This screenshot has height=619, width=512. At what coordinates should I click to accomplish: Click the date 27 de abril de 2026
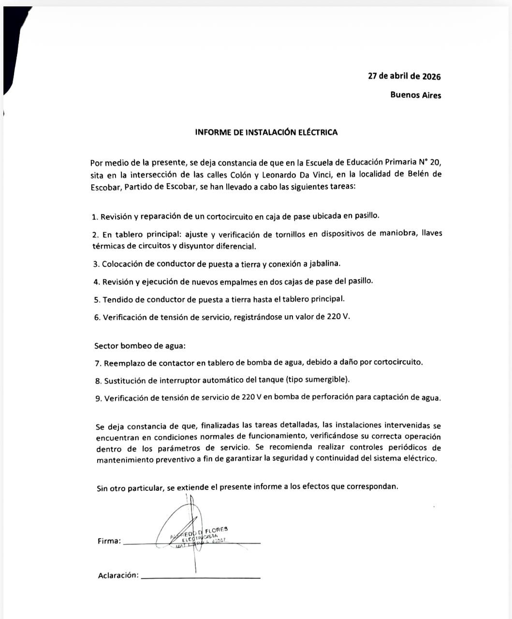coord(404,76)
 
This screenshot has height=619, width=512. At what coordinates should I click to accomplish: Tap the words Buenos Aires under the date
coord(415,95)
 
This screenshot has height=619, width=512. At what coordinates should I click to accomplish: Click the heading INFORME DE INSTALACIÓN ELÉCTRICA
coord(266,132)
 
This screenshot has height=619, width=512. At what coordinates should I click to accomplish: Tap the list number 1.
coord(94,217)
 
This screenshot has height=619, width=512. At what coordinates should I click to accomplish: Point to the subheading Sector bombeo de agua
coord(140,346)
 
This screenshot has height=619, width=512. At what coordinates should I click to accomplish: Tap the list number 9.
coord(98,398)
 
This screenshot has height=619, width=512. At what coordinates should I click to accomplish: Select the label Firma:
coord(109,541)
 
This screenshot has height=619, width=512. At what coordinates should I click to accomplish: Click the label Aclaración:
coord(118,575)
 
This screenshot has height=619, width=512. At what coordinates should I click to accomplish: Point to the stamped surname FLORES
coord(216,530)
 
